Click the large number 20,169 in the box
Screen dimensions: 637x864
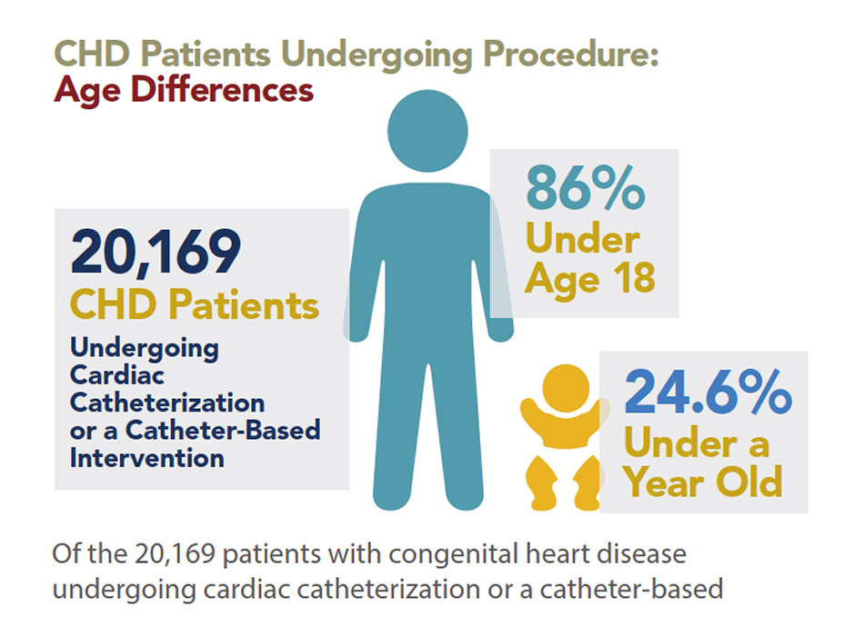(x=156, y=253)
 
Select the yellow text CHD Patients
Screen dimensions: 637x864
(x=195, y=305)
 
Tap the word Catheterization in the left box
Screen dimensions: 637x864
(x=167, y=402)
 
